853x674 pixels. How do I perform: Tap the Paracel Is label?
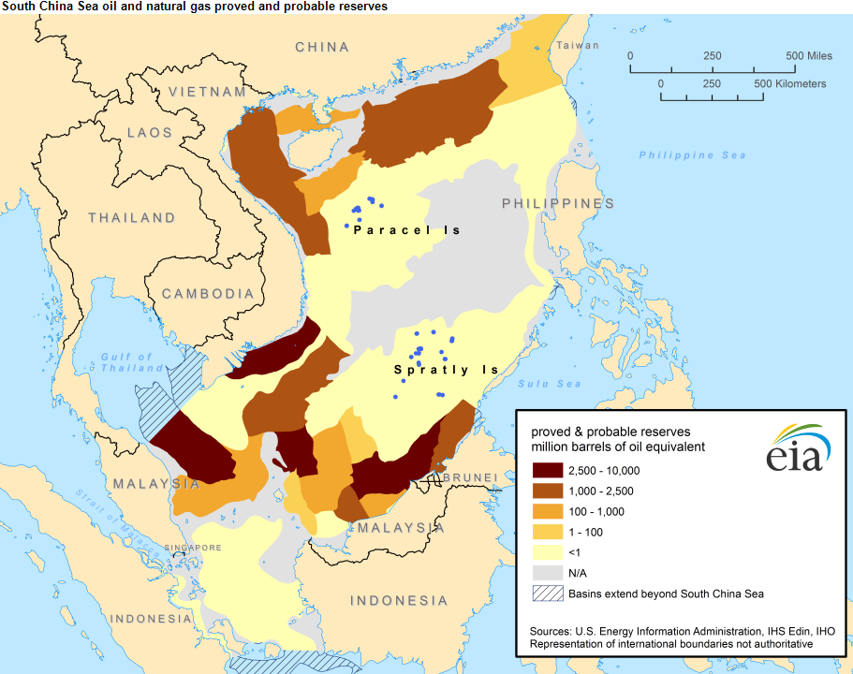[x=407, y=230]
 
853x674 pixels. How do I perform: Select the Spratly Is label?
[x=446, y=370]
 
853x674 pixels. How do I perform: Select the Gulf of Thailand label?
[x=126, y=362]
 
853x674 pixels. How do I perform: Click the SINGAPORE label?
[x=194, y=548]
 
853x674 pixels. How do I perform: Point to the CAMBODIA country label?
[x=208, y=294]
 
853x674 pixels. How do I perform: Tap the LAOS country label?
[x=150, y=133]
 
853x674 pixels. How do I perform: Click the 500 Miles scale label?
[x=809, y=56]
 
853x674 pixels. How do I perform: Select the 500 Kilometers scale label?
[x=790, y=84]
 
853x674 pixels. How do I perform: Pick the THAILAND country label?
[x=132, y=218]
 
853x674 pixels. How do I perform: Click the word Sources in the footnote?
[x=553, y=630]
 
